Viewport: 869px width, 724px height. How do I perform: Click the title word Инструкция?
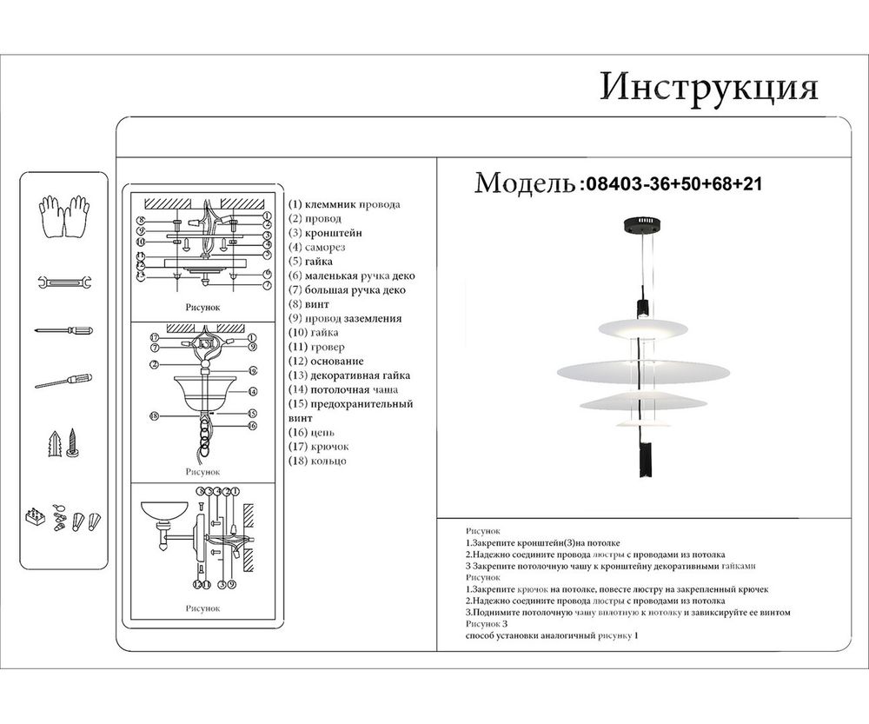708,88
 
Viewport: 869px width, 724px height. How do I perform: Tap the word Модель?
524,183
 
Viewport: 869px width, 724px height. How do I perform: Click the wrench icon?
64,282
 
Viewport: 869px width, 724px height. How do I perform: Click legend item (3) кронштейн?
325,233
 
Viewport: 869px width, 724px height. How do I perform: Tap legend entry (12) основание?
326,361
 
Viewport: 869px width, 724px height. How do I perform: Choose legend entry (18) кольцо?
317,461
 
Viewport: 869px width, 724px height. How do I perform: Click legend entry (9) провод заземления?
345,318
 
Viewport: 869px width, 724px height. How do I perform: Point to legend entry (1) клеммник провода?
344,204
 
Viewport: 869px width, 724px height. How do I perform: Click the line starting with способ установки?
552,636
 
